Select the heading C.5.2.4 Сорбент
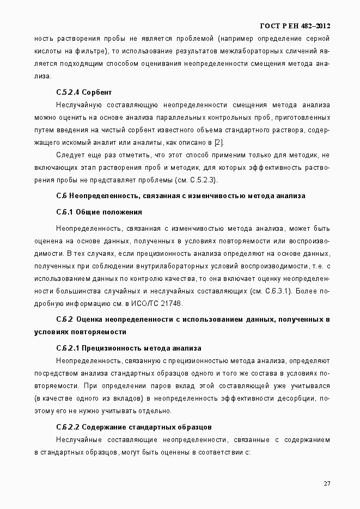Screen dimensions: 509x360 pos(84,92)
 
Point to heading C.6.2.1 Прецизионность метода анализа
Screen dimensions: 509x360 pos(129,348)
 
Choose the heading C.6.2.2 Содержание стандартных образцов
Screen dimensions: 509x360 pos(134,427)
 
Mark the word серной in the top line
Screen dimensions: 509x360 pos(318,39)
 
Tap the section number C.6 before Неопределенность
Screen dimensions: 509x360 pos(61,195)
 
